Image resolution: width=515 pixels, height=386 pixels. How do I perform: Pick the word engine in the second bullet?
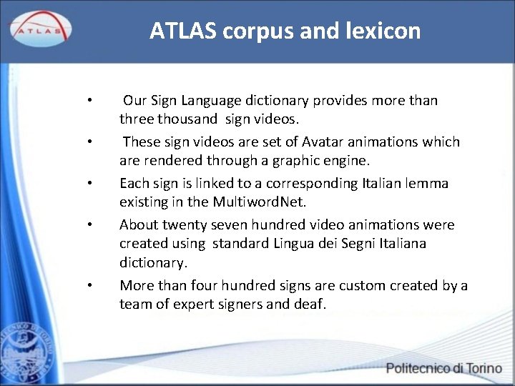(348, 159)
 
